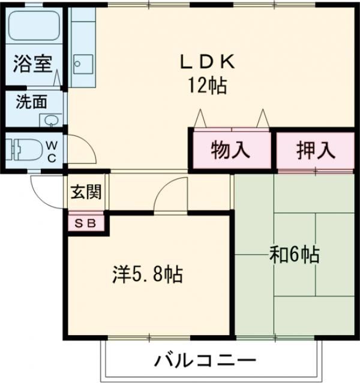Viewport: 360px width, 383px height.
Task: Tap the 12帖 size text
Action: (207, 86)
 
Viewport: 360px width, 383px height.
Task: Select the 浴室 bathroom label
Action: (32, 64)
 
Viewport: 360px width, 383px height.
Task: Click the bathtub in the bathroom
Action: (34, 26)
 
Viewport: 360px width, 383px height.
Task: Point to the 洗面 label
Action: (32, 102)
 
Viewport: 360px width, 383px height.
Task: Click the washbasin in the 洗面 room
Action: (51, 120)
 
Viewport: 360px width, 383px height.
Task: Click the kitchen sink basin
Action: (83, 64)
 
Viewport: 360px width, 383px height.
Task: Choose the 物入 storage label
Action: (230, 150)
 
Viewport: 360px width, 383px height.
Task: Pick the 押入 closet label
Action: (316, 150)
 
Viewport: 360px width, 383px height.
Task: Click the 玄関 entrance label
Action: (86, 192)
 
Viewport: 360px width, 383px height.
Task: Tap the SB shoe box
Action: (85, 224)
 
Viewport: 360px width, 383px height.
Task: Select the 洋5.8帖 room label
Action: (148, 275)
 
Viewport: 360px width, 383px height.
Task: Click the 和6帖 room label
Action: (295, 255)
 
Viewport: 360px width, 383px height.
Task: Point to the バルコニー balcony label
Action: (205, 360)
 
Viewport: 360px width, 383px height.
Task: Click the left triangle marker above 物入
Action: (200, 118)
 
